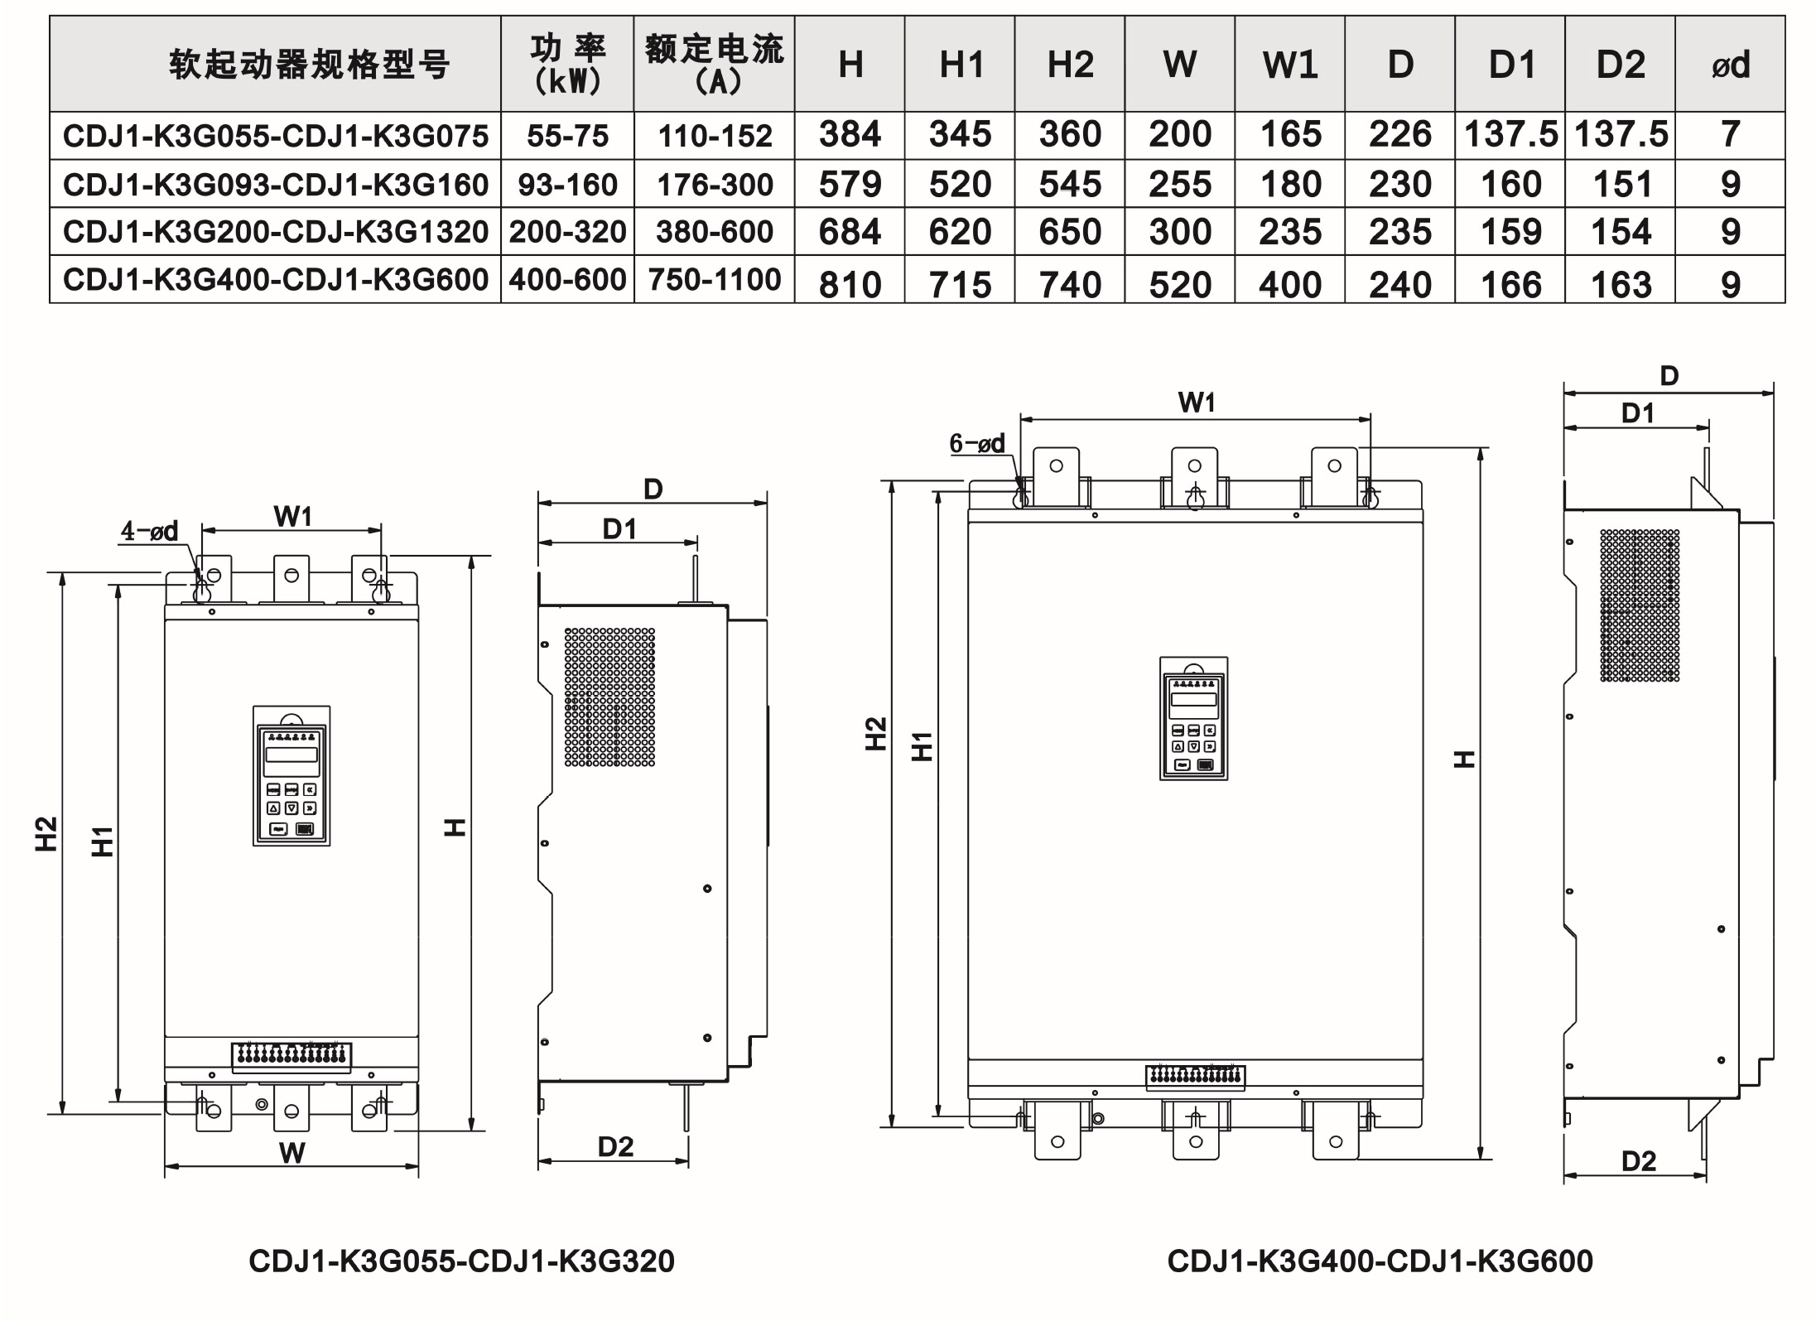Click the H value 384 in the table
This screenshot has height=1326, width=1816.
pos(850,134)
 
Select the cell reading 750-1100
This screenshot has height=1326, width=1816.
pos(714,280)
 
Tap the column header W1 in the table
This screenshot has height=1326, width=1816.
pos(1289,65)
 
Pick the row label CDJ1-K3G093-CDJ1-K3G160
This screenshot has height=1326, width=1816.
pos(276,184)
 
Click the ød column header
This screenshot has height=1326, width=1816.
pos(1730,65)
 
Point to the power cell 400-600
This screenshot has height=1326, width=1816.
pos(567,280)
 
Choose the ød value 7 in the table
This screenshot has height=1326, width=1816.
pos(1730,134)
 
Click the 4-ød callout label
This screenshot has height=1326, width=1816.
pos(149,531)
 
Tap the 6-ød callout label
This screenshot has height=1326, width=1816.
pos(977,444)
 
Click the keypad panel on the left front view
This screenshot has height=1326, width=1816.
pos(291,776)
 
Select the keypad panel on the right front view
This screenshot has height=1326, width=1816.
pos(1193,719)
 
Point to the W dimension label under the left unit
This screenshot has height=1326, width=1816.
pos(291,1152)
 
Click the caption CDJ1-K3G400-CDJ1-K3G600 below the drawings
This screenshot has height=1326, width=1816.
pos(1380,1261)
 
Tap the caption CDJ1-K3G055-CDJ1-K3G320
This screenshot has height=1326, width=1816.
pos(461,1261)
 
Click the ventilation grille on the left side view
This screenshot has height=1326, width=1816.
pos(609,697)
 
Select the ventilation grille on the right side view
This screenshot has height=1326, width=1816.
pos(1640,605)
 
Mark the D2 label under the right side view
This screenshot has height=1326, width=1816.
pos(1638,1160)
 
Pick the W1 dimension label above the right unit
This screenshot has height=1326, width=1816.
pos(1196,403)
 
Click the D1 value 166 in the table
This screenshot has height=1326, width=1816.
pos(1510,285)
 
